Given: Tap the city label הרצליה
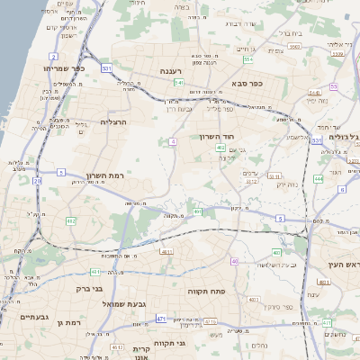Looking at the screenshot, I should [x=115, y=121].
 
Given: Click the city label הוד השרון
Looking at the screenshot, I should [x=217, y=137].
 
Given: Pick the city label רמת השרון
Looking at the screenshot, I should [x=103, y=175].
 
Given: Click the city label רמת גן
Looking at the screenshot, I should [x=67, y=321].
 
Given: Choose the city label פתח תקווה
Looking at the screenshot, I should [x=205, y=292].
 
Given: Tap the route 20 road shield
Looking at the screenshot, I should [x=37, y=181].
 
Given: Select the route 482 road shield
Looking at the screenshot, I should [x=71, y=220].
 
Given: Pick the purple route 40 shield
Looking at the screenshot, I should [x=234, y=261].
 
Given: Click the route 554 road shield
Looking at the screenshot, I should [x=247, y=59].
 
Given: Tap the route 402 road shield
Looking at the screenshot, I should [x=221, y=147].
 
